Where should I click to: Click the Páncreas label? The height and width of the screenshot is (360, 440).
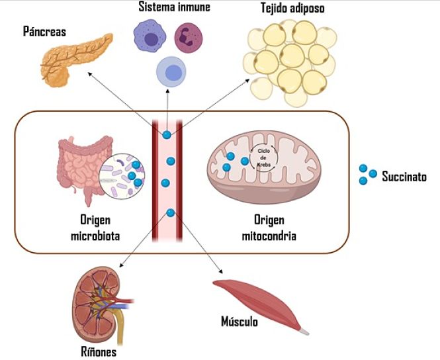[x=44, y=31]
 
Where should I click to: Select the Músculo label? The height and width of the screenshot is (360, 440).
[x=239, y=322]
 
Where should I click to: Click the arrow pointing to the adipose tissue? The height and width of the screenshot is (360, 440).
[x=212, y=106]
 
